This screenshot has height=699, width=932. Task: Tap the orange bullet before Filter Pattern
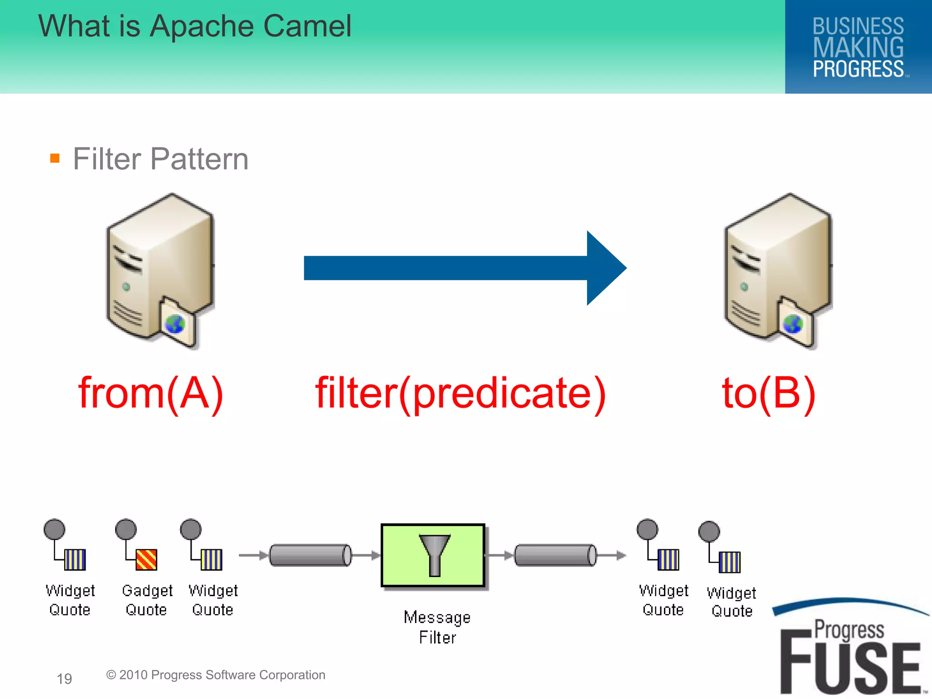(x=55, y=158)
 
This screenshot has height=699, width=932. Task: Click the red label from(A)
(x=151, y=393)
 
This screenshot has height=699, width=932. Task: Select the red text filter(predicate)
(x=461, y=393)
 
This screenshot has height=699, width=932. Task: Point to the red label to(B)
(x=769, y=393)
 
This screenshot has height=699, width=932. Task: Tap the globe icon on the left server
(x=175, y=324)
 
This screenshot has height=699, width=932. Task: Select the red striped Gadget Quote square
(x=147, y=560)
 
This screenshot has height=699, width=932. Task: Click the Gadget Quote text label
(x=147, y=600)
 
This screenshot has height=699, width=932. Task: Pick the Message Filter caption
(x=437, y=627)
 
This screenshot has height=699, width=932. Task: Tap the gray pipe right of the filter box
(x=555, y=555)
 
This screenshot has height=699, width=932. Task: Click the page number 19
(x=64, y=679)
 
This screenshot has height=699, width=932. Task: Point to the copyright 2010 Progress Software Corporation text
(x=216, y=675)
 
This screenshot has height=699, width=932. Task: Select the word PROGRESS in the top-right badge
(x=858, y=69)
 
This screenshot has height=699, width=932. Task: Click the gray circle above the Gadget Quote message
(x=126, y=529)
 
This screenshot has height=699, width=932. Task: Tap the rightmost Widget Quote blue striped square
(x=729, y=562)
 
